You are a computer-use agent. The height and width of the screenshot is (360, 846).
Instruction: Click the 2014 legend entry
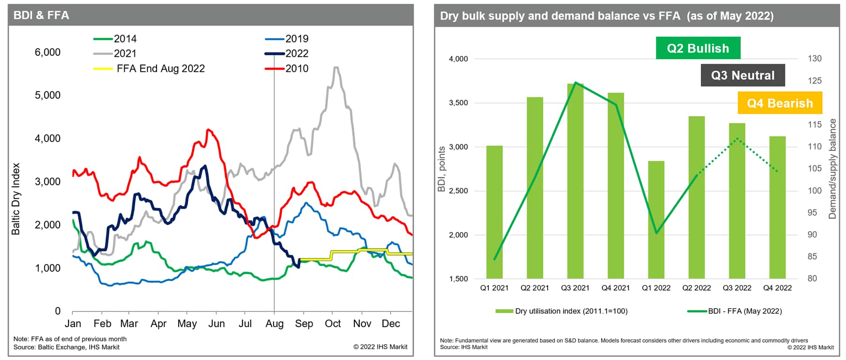pos(115,39)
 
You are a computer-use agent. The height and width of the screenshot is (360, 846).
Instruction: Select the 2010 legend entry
pos(287,69)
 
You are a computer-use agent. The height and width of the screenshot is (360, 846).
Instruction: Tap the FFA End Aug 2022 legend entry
pos(149,69)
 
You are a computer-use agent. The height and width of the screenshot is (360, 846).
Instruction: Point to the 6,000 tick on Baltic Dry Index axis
pos(47,52)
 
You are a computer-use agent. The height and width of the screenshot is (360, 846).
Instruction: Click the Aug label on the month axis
pos(274,324)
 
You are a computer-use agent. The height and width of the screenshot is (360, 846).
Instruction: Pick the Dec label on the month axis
pos(391,323)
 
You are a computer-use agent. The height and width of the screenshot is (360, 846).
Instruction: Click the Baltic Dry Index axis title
pos(16,199)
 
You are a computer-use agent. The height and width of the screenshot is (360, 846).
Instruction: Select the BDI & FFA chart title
pos(41,16)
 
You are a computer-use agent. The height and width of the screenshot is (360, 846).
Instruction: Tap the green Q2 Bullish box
pos(698,48)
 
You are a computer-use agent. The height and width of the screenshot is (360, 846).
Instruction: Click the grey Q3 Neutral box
pos(743,75)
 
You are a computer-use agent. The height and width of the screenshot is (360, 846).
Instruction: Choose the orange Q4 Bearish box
pos(780,103)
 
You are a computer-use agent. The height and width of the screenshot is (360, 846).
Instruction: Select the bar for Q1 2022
pos(656,220)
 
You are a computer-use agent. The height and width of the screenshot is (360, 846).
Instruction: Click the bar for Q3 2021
pos(575,181)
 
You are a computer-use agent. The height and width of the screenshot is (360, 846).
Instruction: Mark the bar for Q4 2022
pos(777,208)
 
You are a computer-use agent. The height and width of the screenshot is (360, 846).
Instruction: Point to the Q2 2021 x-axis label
pos(535,288)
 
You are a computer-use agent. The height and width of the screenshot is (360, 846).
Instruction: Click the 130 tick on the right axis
pos(815,59)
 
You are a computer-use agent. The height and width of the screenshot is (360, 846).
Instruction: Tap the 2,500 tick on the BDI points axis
pos(458,191)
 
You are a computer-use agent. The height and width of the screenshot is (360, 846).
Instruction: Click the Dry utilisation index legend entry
pos(562,311)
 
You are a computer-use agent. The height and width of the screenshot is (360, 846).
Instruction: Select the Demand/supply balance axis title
pos(832,169)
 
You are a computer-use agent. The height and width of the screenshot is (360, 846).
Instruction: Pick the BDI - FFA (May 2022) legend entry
pos(735,311)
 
